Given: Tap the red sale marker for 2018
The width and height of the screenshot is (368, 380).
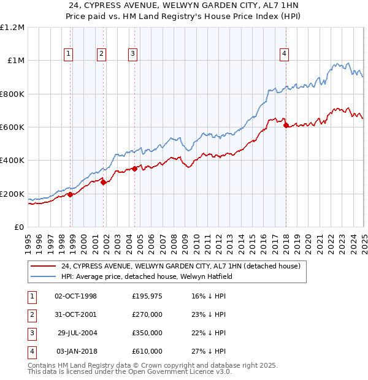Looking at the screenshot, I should point(286,125).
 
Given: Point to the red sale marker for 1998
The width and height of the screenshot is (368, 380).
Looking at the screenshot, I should point(71,194).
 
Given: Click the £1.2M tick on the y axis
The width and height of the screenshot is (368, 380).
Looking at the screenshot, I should point(12,28).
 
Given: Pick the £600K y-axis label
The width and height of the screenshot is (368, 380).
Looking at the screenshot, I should point(12,127).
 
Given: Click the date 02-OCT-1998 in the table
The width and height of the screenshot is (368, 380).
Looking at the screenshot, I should point(75,296).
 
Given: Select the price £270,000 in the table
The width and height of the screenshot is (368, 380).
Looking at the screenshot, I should point(147,314).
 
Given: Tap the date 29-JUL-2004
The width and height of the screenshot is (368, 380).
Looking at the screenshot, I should point(76,333).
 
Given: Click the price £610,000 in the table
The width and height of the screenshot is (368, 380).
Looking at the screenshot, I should point(147,351).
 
